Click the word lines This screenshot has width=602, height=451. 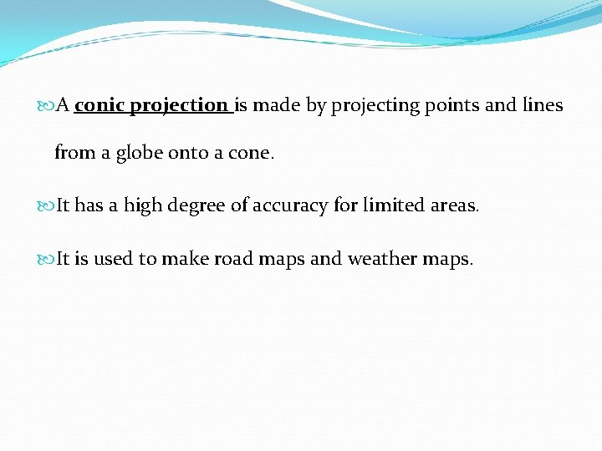tap(542, 105)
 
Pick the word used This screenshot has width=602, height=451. tap(113, 259)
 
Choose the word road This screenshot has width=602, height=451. tap(233, 259)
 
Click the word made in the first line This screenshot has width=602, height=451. tap(273, 105)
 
